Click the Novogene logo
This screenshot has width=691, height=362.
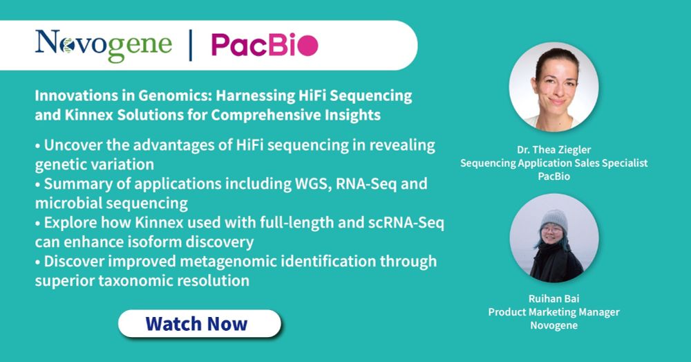104,46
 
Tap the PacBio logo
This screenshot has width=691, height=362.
265,45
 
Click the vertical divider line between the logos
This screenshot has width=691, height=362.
191,46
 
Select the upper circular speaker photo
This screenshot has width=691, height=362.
554,87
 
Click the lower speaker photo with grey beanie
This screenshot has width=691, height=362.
554,238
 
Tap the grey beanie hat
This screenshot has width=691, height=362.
554,220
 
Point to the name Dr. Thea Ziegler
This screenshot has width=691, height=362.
554,150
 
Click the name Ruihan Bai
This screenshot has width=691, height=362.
554,298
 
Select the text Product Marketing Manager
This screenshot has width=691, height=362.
554,312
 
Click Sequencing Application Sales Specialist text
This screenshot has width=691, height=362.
554,163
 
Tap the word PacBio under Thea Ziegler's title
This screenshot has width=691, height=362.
554,176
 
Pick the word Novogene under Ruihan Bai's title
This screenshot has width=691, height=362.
554,326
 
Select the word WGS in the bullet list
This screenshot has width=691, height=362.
313,183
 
